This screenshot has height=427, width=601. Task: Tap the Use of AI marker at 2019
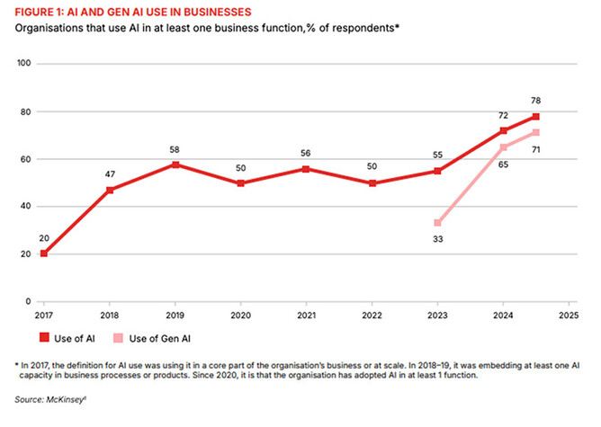[x=176, y=165]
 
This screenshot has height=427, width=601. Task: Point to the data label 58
[x=176, y=149]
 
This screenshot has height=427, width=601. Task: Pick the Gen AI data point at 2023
[x=436, y=223]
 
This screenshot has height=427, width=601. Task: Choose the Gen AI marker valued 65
[x=504, y=147]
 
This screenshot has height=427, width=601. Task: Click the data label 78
[x=537, y=102]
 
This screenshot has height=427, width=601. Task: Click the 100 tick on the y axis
[x=25, y=64]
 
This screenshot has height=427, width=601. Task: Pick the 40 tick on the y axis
[x=26, y=206]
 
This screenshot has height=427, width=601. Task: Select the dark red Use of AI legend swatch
[x=42, y=339]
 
